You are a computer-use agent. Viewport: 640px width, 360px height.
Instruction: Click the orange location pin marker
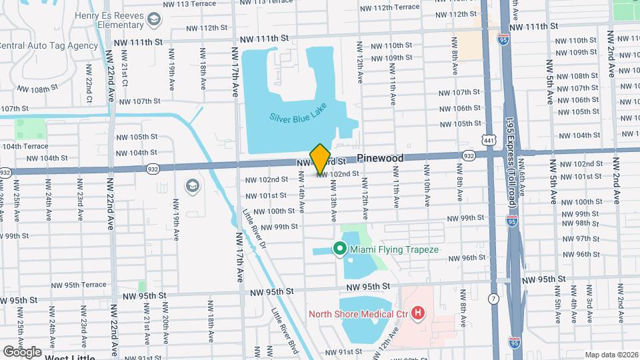[320, 158]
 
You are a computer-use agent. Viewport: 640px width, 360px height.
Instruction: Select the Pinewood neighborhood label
[380, 158]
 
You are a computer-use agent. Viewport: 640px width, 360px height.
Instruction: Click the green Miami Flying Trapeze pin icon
[339, 249]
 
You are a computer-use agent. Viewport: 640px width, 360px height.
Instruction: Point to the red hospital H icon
[418, 313]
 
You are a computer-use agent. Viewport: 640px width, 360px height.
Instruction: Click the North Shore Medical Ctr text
[359, 314]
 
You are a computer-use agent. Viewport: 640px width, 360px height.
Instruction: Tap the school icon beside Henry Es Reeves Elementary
[155, 19]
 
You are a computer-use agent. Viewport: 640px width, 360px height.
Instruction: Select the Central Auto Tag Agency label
[48, 46]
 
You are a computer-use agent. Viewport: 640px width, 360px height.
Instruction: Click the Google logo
[22, 351]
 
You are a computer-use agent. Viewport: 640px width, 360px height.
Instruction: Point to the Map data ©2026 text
[611, 355]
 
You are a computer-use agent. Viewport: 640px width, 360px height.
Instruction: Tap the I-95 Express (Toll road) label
[510, 170]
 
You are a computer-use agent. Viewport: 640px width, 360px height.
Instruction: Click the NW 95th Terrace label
[77, 285]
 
